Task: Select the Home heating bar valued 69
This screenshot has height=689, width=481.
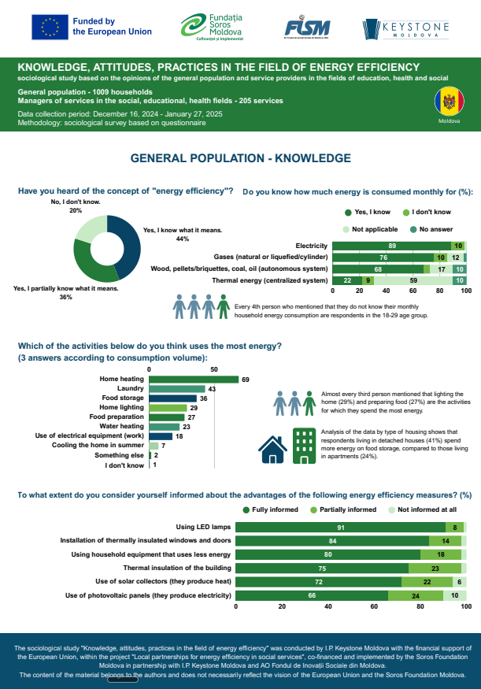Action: click(x=194, y=379)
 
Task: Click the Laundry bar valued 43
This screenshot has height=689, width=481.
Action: click(x=177, y=389)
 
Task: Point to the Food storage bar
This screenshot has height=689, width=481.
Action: click(x=172, y=398)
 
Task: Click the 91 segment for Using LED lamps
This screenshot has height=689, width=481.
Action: click(x=341, y=527)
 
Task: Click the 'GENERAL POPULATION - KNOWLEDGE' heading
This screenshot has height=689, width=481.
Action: click(x=240, y=158)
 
